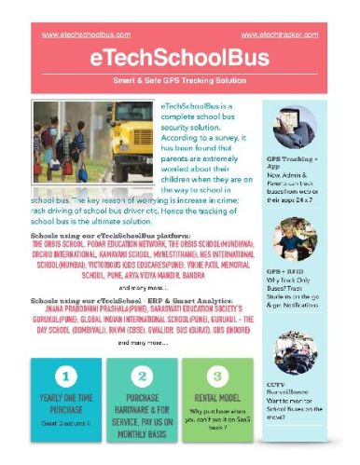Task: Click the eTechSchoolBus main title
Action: click(x=180, y=58)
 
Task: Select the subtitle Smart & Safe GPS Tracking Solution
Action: click(x=180, y=82)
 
